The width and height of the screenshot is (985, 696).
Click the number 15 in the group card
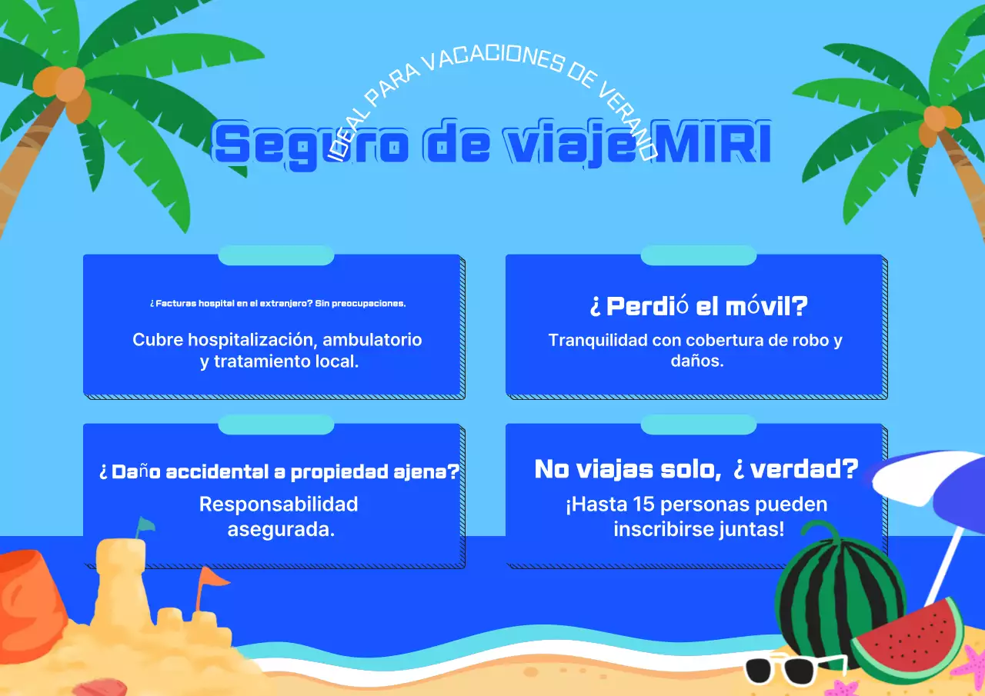(643, 505)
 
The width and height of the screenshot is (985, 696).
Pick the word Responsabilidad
(279, 505)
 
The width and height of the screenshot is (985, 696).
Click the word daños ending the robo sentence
(697, 360)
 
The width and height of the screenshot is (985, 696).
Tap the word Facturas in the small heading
(177, 304)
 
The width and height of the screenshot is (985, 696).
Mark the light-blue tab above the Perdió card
(698, 255)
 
